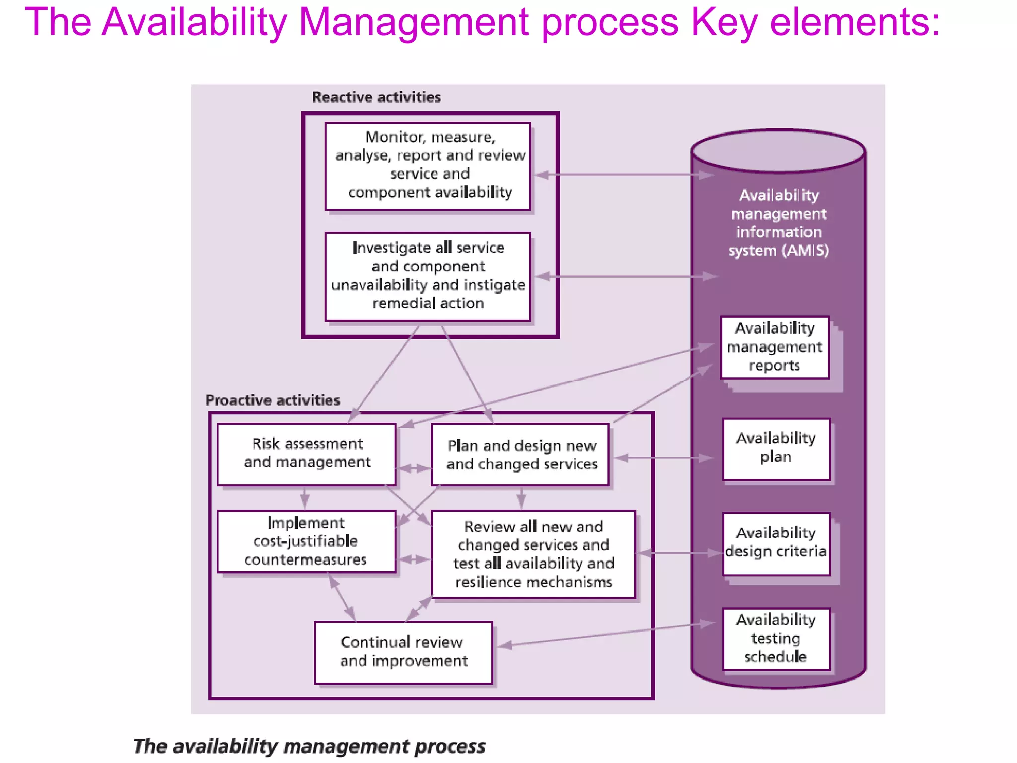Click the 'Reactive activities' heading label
376,97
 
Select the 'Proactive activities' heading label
273,400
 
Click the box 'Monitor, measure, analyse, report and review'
428,166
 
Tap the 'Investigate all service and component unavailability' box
428,276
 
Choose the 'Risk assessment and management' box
307,454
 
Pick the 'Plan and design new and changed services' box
520,455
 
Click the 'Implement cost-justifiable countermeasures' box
307,541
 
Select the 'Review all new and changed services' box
533,554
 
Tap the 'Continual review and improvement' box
403,652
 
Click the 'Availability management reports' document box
775,347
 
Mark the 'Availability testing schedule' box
776,638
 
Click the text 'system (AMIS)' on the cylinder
779,251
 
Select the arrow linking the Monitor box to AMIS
621,175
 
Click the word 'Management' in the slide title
415,22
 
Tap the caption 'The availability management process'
309,746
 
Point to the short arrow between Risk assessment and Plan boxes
414,468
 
